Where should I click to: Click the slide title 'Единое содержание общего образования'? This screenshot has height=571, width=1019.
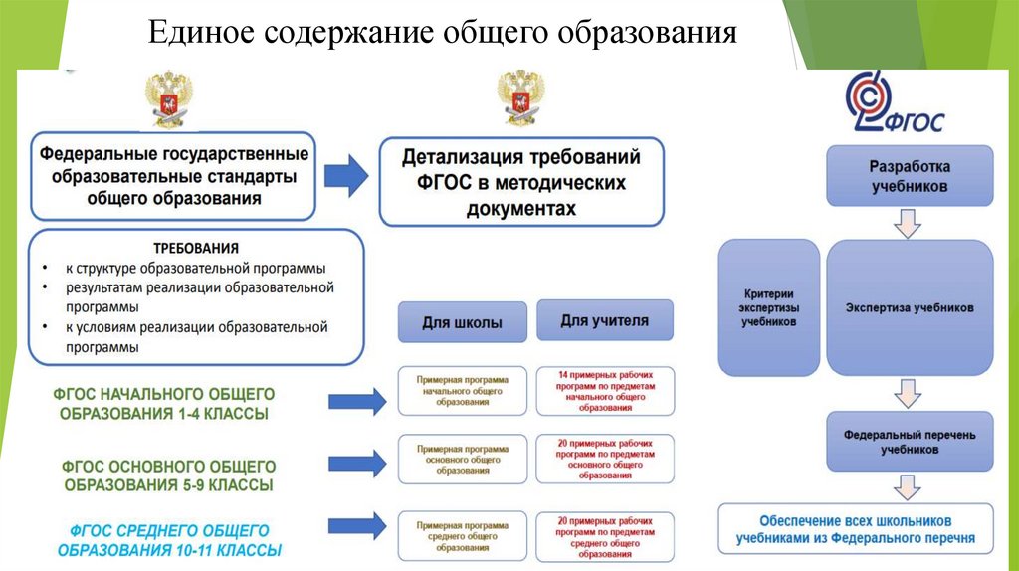point(442,34)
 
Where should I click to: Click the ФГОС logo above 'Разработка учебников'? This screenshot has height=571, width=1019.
point(892,105)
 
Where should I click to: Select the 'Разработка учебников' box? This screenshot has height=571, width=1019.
point(909,176)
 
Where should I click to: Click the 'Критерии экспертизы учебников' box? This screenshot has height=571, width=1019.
point(769,307)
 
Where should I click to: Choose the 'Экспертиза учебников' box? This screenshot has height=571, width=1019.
point(909,307)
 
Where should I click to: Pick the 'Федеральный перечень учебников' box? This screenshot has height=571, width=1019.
point(909,442)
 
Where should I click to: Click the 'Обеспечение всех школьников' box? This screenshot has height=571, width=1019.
point(855,529)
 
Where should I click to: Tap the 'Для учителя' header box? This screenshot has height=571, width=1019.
point(604,320)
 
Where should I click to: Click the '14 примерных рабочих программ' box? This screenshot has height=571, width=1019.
point(604,391)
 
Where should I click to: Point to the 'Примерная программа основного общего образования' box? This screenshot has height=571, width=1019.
point(463,458)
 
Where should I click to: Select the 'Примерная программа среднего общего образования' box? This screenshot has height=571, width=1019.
point(463,533)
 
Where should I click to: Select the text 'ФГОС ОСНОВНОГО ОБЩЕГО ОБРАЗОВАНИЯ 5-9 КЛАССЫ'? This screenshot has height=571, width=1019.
point(169,476)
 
